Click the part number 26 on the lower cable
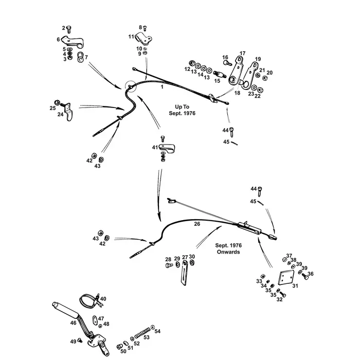(197, 224)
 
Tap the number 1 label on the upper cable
(162, 88)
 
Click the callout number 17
(242, 53)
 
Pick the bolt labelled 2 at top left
(69, 30)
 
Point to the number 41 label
(154, 148)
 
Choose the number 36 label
(310, 274)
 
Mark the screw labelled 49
(80, 341)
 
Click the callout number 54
(157, 331)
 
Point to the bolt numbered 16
(226, 64)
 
